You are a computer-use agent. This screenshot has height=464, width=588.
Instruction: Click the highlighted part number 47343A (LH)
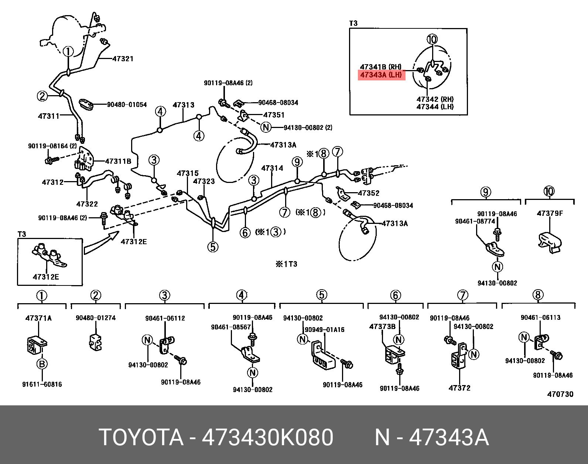pos(381,75)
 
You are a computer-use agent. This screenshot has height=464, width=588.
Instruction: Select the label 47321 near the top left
pos(123,59)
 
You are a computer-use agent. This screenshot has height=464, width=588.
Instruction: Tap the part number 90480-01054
pos(127,105)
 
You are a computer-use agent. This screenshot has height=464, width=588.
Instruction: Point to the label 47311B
pos(118,161)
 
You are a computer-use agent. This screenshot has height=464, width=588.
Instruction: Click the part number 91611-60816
pos(42,384)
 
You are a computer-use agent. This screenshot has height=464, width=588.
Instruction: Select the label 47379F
pos(550,213)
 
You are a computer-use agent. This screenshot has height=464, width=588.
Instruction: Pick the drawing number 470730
pos(560,394)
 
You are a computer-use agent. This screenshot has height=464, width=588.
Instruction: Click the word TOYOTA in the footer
pos(141,437)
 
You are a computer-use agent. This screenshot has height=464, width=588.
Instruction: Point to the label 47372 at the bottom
pos(459,388)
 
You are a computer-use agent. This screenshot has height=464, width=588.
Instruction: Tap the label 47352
pos(369,193)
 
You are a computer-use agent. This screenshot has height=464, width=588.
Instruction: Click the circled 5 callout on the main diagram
pos(213,247)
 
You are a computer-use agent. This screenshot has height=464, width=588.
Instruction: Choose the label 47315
pos(187,173)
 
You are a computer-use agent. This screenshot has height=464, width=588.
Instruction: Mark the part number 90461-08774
pos(475,221)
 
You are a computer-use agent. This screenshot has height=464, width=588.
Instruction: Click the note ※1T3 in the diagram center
pos(286,264)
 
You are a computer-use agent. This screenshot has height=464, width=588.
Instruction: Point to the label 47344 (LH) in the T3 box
pos(435,107)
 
